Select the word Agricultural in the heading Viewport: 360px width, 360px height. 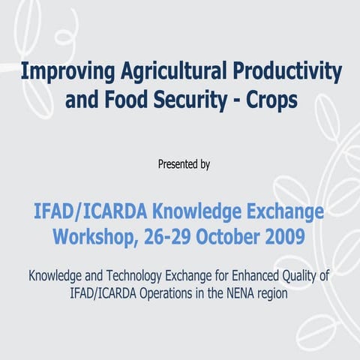pos(171,73)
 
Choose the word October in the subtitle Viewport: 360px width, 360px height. pos(235,238)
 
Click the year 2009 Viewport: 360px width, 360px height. pos(288,238)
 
